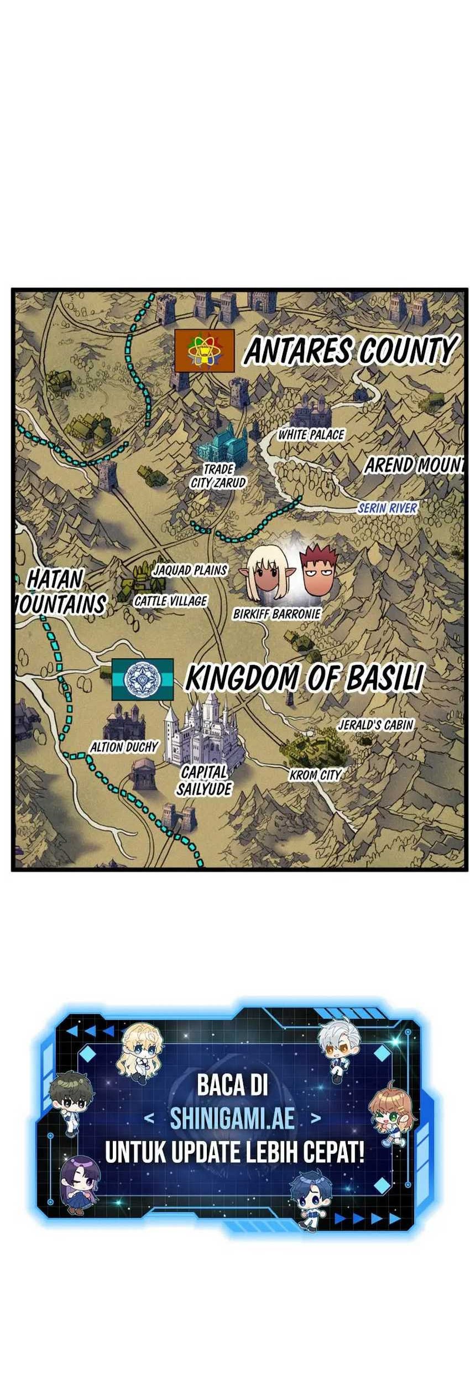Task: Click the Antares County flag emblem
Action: click(204, 351)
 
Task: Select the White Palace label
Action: click(311, 435)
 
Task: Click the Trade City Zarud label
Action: click(218, 476)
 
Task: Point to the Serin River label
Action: click(387, 508)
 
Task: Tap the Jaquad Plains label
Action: click(190, 570)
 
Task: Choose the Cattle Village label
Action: click(170, 601)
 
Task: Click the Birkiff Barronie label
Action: click(276, 614)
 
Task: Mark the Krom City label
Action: click(315, 775)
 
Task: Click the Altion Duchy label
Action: click(124, 747)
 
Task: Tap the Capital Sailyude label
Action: click(204, 781)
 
